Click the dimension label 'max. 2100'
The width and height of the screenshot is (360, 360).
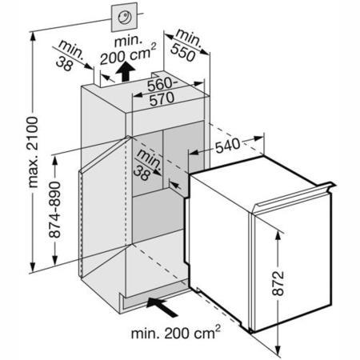click(34, 152)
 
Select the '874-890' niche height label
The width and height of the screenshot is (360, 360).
click(55, 210)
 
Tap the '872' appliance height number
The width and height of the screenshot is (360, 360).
click(278, 283)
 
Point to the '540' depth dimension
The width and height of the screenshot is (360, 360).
click(227, 146)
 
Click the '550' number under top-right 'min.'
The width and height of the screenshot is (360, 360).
click(183, 53)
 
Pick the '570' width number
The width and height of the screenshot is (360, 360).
click(162, 99)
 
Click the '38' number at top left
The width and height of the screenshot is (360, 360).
click(65, 64)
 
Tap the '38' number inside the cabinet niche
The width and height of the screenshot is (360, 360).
click(142, 173)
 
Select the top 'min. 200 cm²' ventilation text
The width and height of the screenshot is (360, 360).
click(127, 51)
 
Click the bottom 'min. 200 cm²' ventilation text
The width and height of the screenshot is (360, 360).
click(176, 333)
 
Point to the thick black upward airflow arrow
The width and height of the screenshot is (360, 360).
click(125, 72)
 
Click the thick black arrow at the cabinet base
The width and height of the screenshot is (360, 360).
click(162, 307)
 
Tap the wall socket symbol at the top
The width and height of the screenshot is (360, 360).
click(124, 18)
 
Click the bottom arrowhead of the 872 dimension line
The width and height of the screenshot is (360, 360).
click(278, 350)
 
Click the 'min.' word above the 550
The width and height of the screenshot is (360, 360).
click(189, 39)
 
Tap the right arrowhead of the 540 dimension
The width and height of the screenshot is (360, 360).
click(259, 139)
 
